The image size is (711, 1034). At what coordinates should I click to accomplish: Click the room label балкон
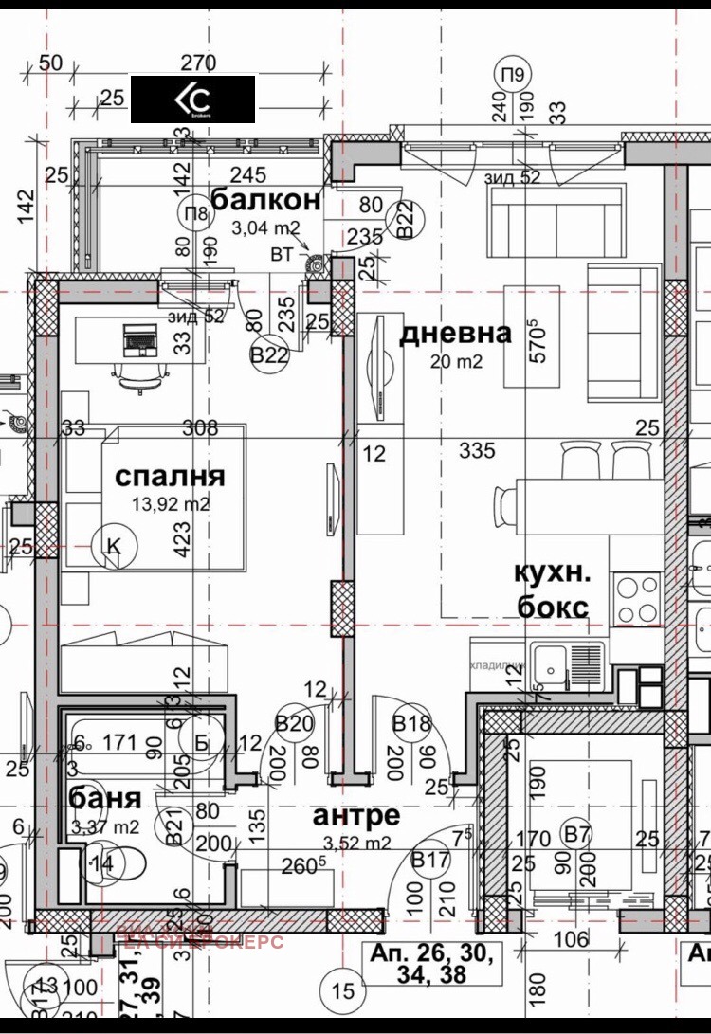[265, 200]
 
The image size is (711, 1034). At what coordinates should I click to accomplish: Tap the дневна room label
[455, 334]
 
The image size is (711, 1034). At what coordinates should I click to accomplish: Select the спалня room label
[171, 475]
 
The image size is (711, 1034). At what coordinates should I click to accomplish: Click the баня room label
[105, 798]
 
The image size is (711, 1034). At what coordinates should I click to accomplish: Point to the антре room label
[356, 815]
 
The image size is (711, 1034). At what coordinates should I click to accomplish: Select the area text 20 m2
[456, 361]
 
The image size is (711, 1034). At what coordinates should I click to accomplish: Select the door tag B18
[412, 725]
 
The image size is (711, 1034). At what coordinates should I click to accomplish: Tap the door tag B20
[294, 725]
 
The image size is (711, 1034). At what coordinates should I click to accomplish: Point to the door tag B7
[576, 834]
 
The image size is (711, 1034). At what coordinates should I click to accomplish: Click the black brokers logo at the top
[192, 100]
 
